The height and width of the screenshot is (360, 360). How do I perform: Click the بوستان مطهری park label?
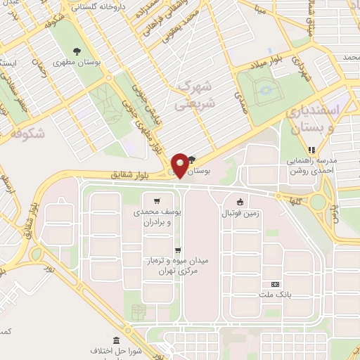79,63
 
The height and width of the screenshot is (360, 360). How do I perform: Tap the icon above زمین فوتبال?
240,202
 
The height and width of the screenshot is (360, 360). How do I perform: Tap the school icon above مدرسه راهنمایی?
312,148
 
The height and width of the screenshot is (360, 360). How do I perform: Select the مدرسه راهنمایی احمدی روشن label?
312,164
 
